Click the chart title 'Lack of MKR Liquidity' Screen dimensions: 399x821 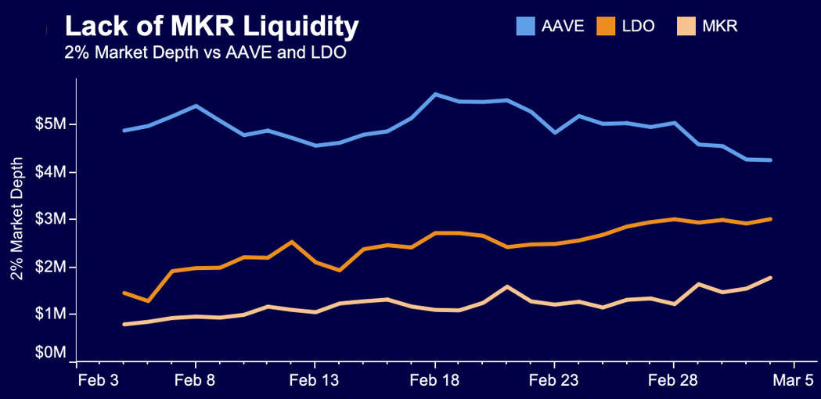point(211,27)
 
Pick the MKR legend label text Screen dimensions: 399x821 point(720,27)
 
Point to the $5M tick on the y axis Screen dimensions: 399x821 point(51,124)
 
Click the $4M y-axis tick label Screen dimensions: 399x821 point(51,172)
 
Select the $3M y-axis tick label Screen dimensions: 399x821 point(51,219)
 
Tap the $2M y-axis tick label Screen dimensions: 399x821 point(51,267)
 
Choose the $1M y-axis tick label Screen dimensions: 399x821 point(51,315)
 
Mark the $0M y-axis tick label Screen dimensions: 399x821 point(51,353)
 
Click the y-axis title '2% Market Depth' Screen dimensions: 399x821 point(16,220)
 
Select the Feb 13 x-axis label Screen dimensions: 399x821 point(314,381)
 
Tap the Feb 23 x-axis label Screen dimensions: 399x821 point(554,381)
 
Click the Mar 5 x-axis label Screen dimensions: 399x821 point(794,381)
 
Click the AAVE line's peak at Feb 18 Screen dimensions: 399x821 point(435,95)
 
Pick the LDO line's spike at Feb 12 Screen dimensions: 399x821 point(291,242)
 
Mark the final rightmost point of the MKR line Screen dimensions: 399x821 point(771,278)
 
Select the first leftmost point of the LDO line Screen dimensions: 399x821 point(124,293)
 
